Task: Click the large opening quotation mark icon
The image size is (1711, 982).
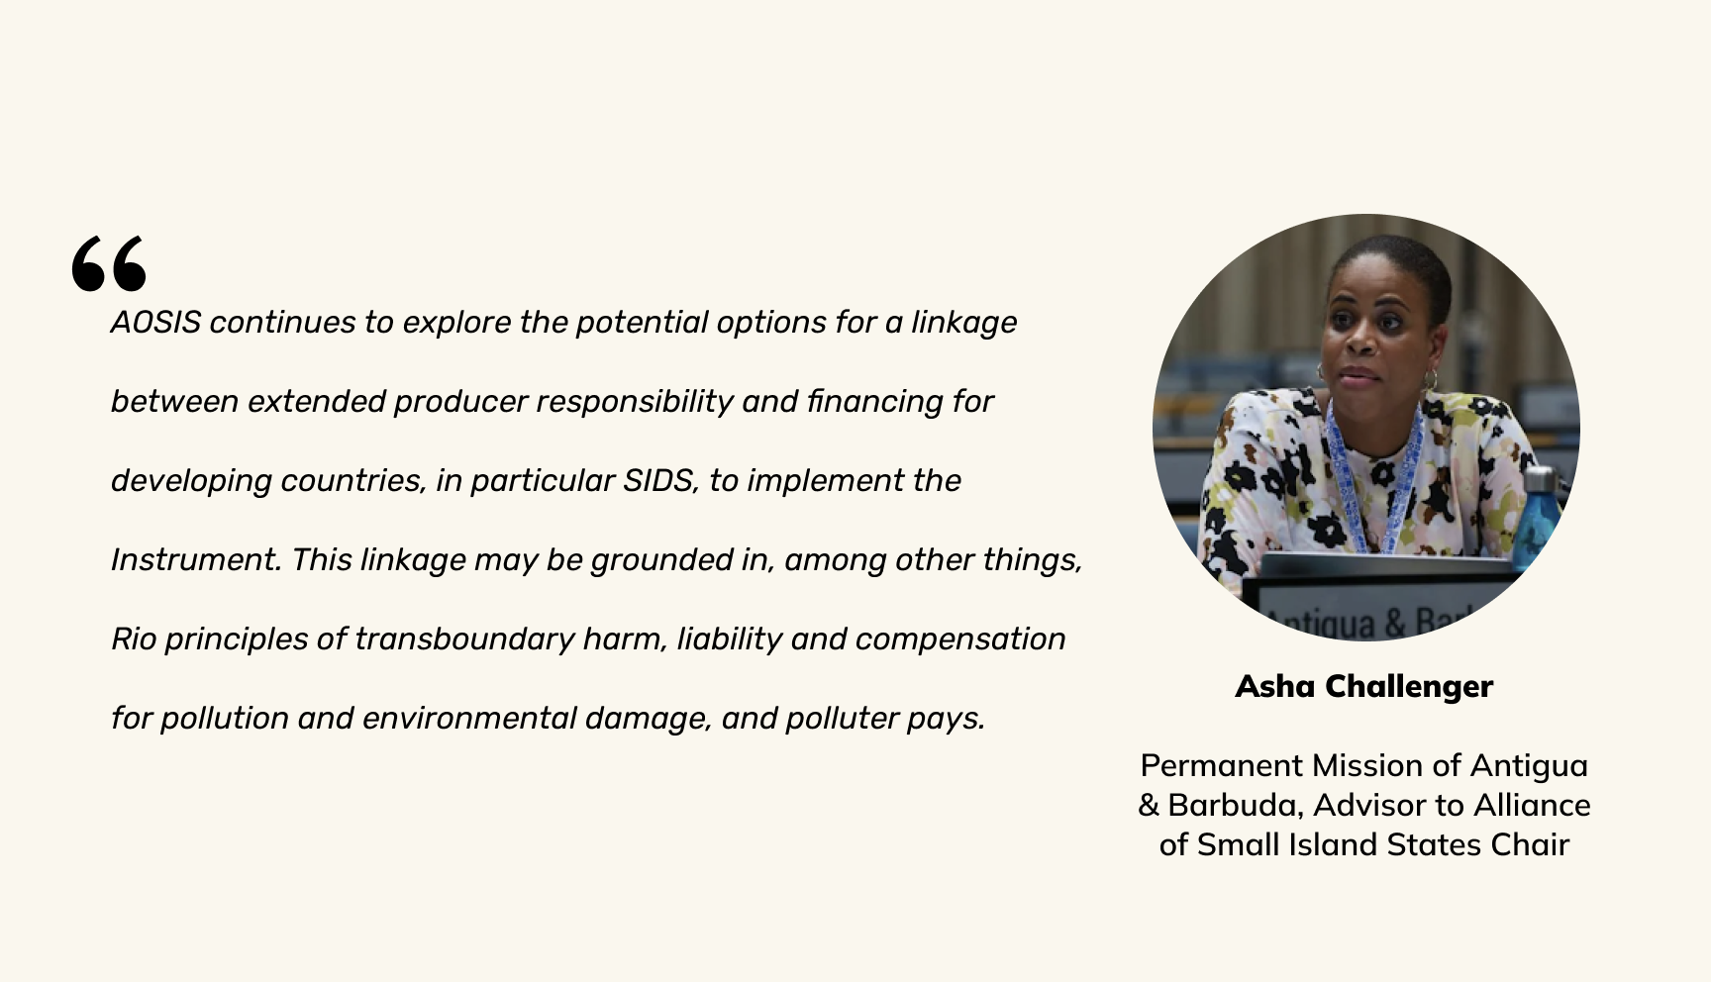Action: (x=109, y=263)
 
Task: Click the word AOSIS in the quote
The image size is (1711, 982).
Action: (x=155, y=323)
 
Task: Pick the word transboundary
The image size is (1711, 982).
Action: (x=464, y=639)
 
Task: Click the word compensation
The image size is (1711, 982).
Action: (x=960, y=640)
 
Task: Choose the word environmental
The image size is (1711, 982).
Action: (x=469, y=719)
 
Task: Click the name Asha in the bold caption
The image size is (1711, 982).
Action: (x=1275, y=686)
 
